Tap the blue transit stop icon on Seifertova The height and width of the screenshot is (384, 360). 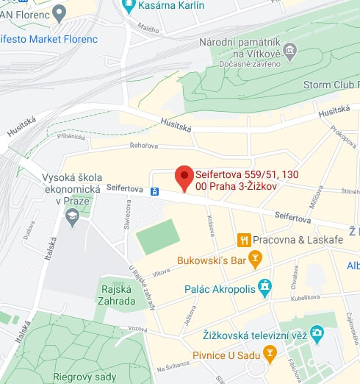(155, 191)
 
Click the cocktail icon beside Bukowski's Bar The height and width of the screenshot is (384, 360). (255, 259)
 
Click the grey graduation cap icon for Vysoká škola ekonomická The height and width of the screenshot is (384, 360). (72, 216)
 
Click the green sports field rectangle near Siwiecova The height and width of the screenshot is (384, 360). (157, 236)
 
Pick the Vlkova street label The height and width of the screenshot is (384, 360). (161, 271)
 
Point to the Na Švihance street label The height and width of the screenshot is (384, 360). (174, 369)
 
